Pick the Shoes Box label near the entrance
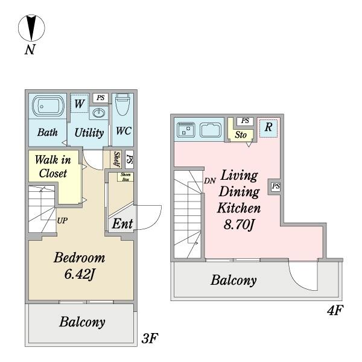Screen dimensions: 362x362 127,177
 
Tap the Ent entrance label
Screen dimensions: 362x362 122,223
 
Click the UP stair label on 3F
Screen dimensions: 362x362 62,221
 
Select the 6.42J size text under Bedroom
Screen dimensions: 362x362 79,275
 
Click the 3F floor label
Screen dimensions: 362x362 149,338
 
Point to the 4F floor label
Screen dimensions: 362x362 334,312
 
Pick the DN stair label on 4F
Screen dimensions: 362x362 209,180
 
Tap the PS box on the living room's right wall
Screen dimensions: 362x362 275,186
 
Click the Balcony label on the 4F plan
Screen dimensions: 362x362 233,281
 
